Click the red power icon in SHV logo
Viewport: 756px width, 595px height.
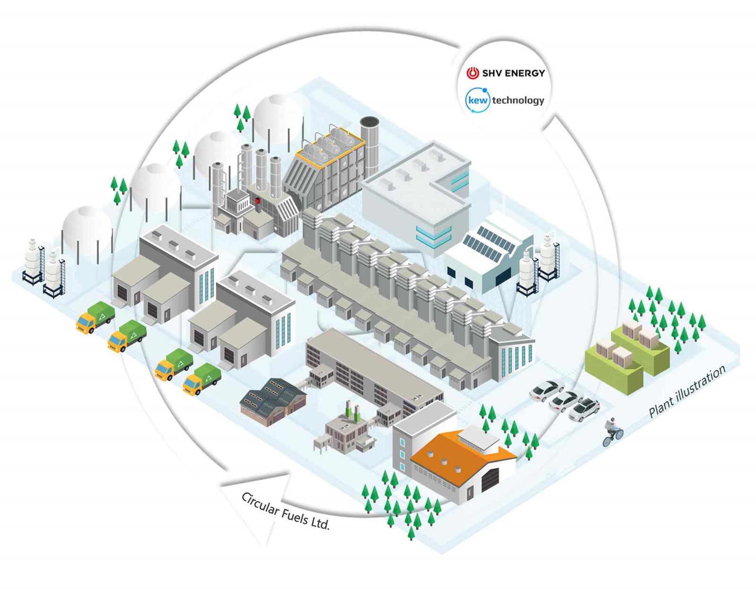coord(472,73)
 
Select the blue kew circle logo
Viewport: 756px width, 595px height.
coord(477,100)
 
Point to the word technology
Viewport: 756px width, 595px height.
coord(518,100)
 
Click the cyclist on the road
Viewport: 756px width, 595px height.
coord(612,431)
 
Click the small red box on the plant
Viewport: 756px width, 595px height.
coord(258,200)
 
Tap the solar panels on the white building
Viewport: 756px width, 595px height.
coord(489,243)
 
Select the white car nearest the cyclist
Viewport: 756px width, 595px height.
coord(584,409)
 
